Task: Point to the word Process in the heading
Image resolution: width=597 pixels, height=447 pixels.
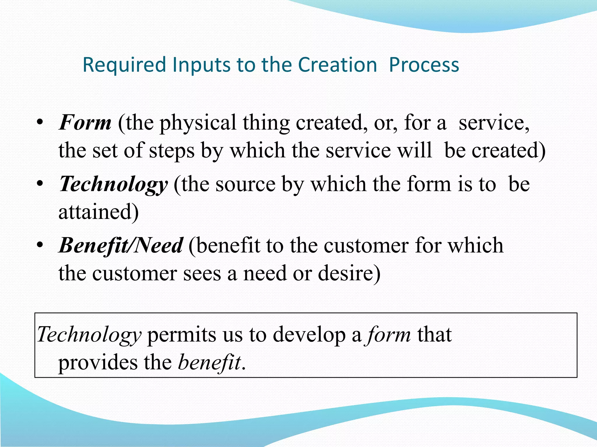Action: pos(424,65)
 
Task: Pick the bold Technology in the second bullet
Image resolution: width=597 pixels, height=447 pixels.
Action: pos(113,184)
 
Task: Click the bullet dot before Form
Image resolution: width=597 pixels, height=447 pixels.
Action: pos(40,122)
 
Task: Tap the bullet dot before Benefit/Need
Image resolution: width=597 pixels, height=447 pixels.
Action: pos(40,245)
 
